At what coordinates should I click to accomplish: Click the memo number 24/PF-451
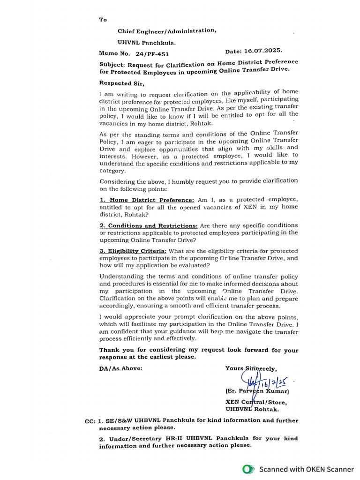pyautogui.click(x=152, y=54)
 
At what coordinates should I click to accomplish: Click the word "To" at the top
pyautogui.click(x=103, y=20)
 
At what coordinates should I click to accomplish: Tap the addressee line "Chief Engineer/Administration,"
pyautogui.click(x=167, y=31)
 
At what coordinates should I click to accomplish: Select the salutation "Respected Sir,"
pyautogui.click(x=122, y=83)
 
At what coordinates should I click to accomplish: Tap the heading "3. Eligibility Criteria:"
pyautogui.click(x=133, y=251)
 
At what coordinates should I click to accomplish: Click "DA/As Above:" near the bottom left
pyautogui.click(x=120, y=368)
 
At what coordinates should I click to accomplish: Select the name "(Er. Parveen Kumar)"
pyautogui.click(x=257, y=391)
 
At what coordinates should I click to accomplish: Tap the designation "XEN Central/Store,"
pyautogui.click(x=256, y=402)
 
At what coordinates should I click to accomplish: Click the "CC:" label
pyautogui.click(x=90, y=421)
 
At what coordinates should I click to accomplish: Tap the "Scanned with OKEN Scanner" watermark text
pyautogui.click(x=307, y=469)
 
